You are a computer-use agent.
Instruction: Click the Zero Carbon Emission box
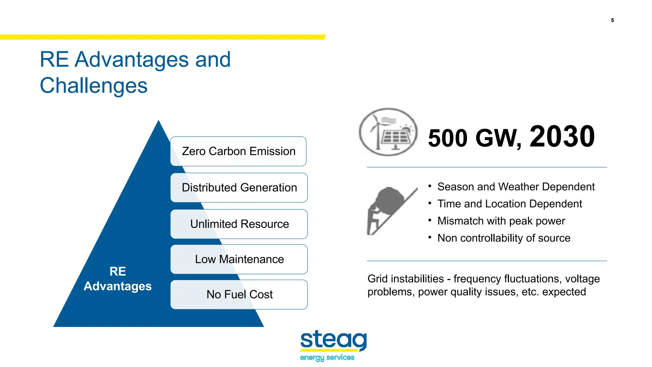pyautogui.click(x=238, y=151)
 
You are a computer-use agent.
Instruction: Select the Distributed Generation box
pyautogui.click(x=239, y=188)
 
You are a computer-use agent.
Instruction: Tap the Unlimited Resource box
pyautogui.click(x=239, y=224)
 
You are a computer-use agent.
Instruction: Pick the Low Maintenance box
pyautogui.click(x=239, y=259)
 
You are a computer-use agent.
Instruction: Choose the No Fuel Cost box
pyautogui.click(x=239, y=294)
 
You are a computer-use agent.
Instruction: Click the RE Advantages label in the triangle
pyautogui.click(x=117, y=279)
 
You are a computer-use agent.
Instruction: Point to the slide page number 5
pyautogui.click(x=612, y=20)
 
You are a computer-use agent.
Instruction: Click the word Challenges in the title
pyautogui.click(x=94, y=86)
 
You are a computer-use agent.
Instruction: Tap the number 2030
pyautogui.click(x=562, y=137)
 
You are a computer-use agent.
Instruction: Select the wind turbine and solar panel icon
pyautogui.click(x=388, y=132)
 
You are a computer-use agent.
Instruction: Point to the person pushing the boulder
pyautogui.click(x=372, y=220)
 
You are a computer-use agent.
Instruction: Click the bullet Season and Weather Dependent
pyautogui.click(x=516, y=187)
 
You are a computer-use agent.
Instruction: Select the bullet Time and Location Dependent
pyautogui.click(x=509, y=204)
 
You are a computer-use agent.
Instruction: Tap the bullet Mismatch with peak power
pyautogui.click(x=501, y=221)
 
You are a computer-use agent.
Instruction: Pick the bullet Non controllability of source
pyautogui.click(x=504, y=238)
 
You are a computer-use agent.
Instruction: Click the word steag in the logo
pyautogui.click(x=333, y=340)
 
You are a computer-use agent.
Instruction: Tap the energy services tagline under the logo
pyautogui.click(x=327, y=357)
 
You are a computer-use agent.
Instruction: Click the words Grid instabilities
pyautogui.click(x=405, y=279)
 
